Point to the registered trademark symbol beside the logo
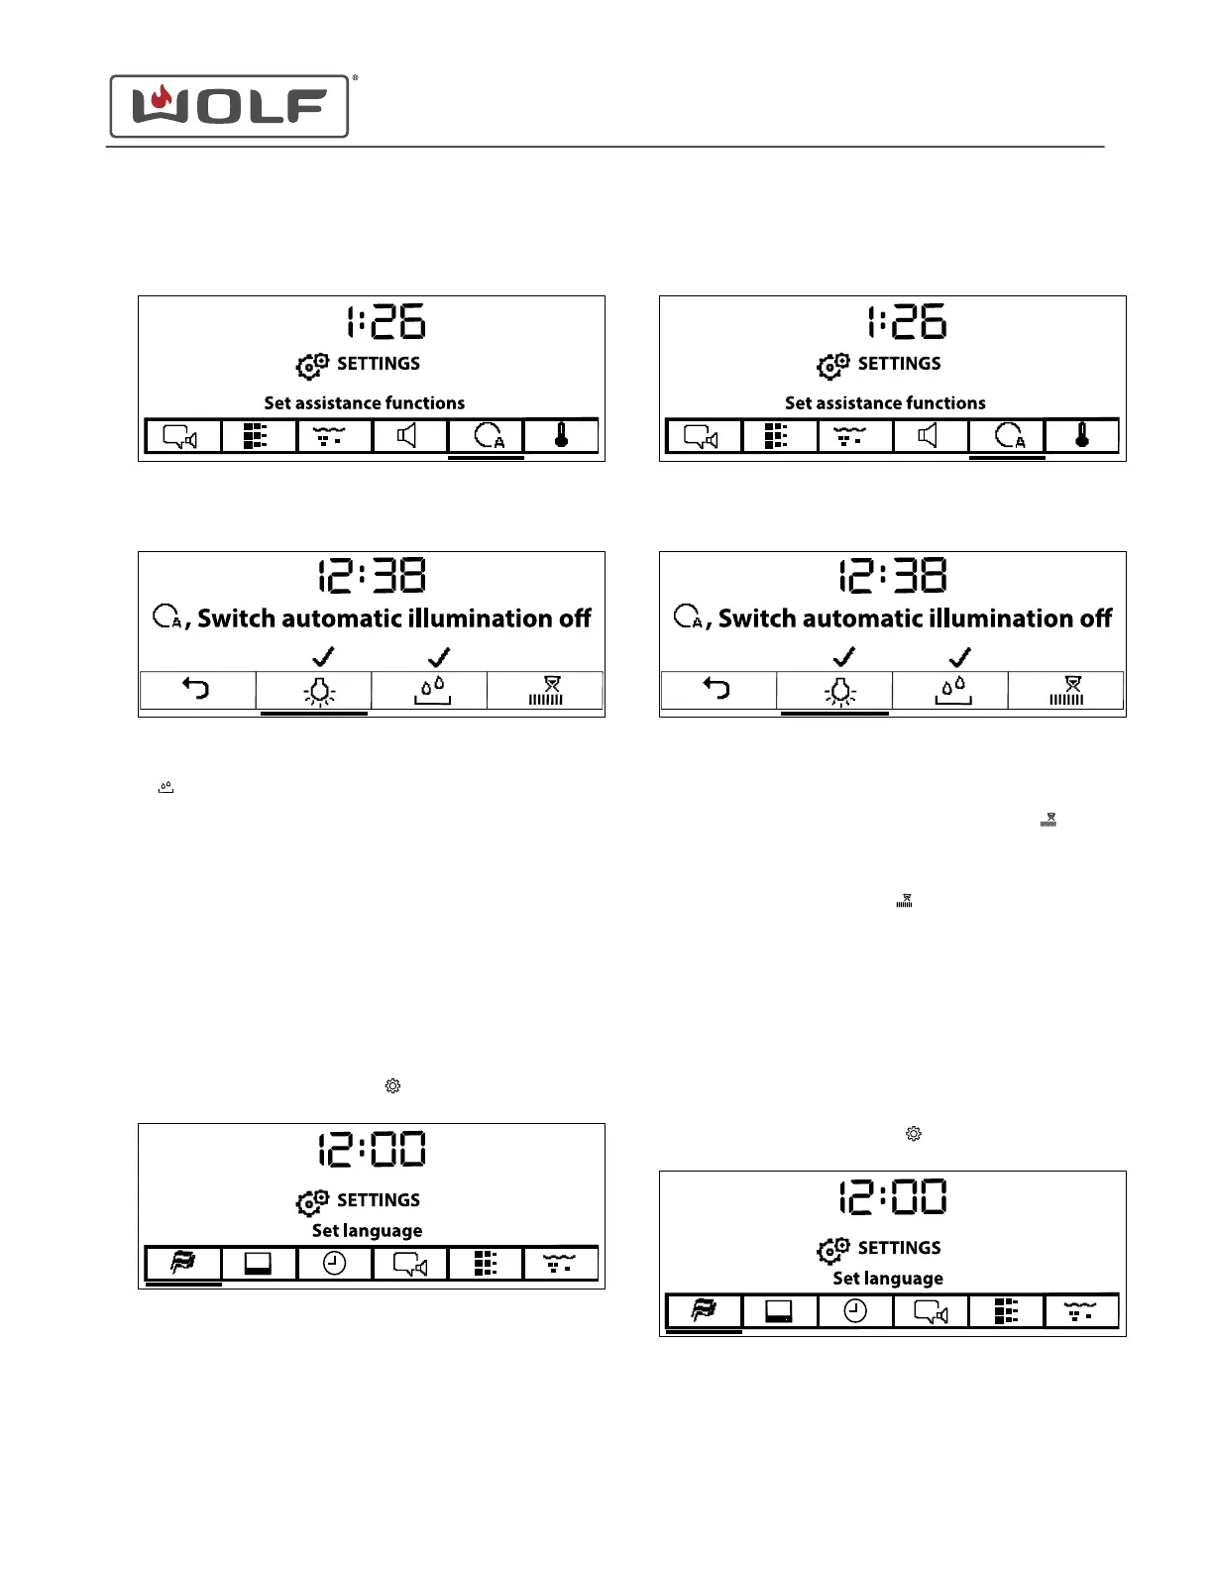355,77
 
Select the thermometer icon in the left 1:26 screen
561,436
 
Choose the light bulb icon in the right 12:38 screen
840,690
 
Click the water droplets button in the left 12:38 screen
431,690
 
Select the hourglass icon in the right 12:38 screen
1066,690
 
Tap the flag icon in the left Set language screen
183,1263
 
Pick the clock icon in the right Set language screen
855,1310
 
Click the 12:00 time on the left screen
372,1150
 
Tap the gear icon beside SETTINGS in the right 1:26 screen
833,366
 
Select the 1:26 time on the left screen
386,322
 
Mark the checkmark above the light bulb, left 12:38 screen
323,656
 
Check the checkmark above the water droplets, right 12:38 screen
959,656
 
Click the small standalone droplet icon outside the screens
165,788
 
